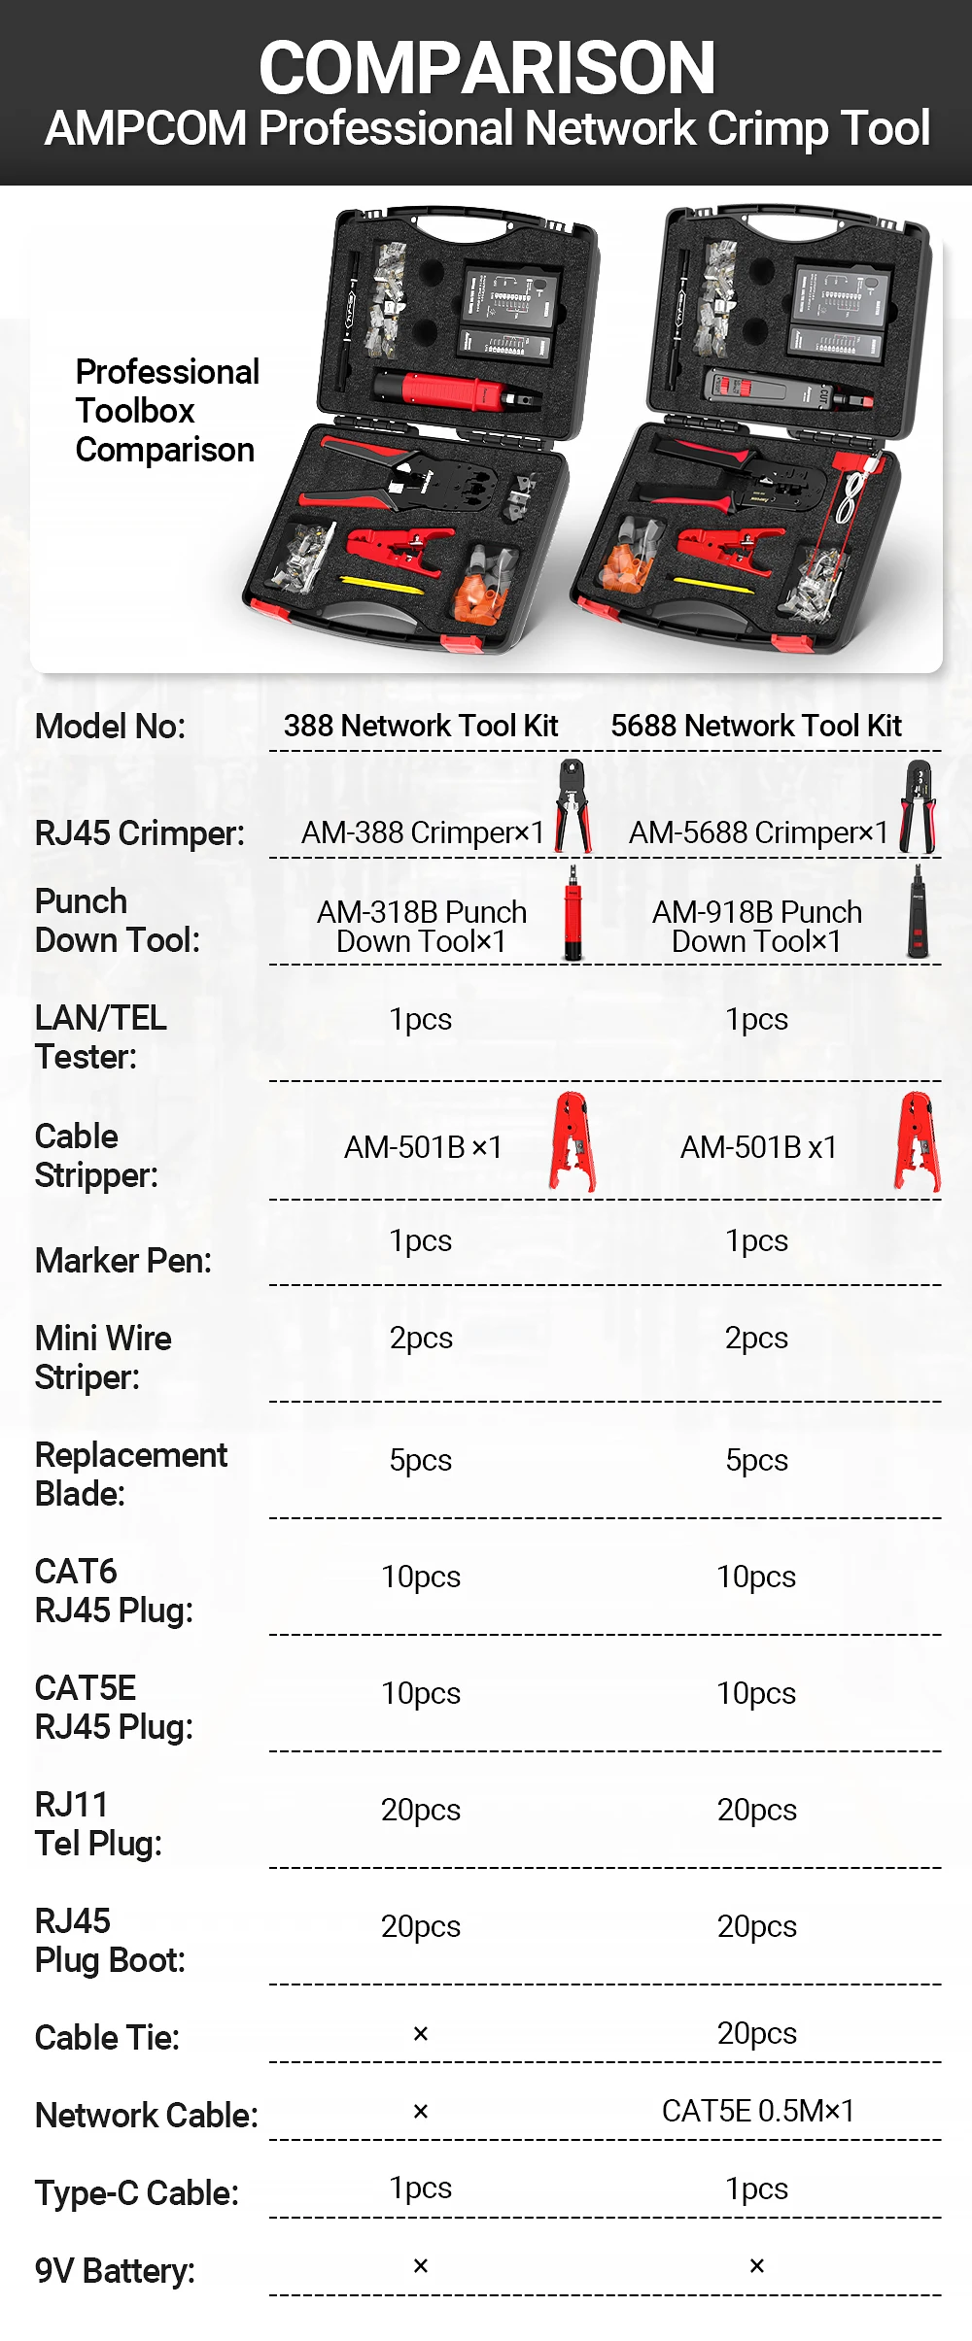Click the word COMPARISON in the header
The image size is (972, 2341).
[x=487, y=68]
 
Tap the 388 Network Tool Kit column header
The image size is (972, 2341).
[x=421, y=726]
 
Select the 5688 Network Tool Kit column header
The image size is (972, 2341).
[x=756, y=726]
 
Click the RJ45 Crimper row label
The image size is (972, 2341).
[x=140, y=833]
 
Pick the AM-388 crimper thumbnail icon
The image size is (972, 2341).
[x=573, y=806]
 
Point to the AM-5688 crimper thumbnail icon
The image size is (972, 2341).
[x=919, y=807]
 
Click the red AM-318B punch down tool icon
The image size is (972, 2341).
[x=573, y=914]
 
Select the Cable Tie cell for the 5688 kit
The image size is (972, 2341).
[x=757, y=2033]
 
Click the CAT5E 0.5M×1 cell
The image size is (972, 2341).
[x=758, y=2111]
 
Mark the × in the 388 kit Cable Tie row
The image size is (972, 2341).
[x=421, y=2033]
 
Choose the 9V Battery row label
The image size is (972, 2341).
[x=115, y=2271]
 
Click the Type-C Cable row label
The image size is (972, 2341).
[x=137, y=2193]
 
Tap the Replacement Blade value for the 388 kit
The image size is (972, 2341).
[x=421, y=1460]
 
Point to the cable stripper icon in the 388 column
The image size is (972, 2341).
[x=573, y=1142]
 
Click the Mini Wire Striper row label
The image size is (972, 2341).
[x=103, y=1358]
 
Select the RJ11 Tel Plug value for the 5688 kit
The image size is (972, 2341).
[x=757, y=1810]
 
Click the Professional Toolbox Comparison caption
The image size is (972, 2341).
[x=167, y=411]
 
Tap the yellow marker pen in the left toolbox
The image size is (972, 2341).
[x=381, y=585]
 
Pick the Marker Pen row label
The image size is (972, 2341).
[x=123, y=1261]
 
